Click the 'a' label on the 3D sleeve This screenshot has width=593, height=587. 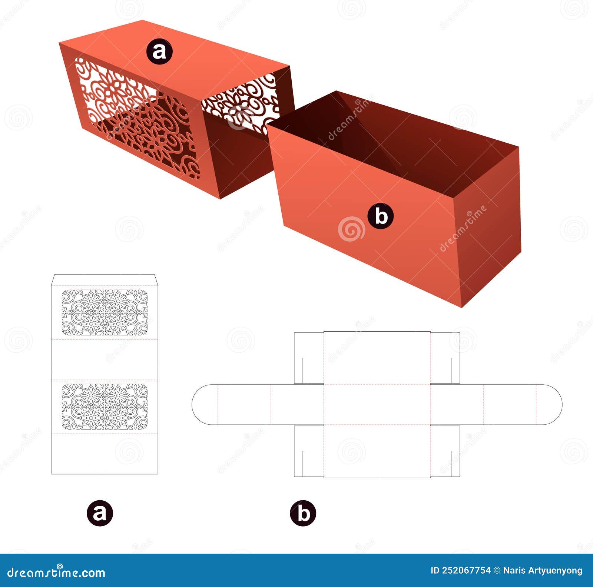pos(159,52)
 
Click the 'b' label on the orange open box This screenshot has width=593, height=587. pos(381,216)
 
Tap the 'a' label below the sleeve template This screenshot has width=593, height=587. pos(100,513)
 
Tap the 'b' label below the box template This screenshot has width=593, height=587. pos(303,513)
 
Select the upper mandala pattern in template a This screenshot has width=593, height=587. pos(105,313)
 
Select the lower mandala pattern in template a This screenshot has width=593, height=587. pos(105,407)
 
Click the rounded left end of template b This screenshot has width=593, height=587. pos(204,404)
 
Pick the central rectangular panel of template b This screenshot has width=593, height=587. pos(377,404)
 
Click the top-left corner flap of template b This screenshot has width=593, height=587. pos(309,358)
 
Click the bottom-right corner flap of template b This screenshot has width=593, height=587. pos(445,451)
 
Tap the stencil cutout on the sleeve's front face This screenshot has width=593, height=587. pos(137,119)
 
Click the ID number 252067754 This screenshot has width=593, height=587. pos(466,571)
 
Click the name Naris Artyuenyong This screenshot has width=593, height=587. pos(543,571)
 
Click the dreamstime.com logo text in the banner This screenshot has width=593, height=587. pos(56,573)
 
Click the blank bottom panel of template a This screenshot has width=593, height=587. pos(105,454)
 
